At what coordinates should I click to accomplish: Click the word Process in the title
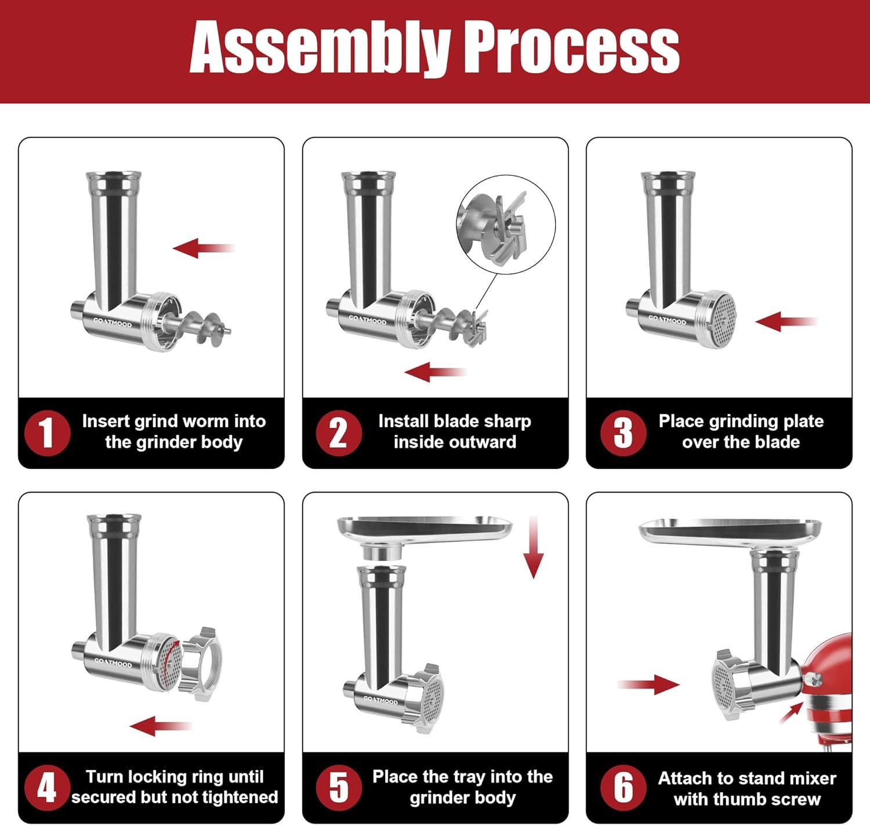coord(571,48)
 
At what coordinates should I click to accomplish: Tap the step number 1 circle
coord(47,433)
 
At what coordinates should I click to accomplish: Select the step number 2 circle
coord(339,433)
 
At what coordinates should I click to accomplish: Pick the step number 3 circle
coord(623,433)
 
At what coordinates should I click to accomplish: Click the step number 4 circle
coord(47,787)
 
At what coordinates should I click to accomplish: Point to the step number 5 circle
coord(339,787)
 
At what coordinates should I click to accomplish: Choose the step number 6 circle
coord(623,787)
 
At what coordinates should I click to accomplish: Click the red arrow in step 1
coord(203,248)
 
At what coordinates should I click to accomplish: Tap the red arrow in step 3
coord(786,321)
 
